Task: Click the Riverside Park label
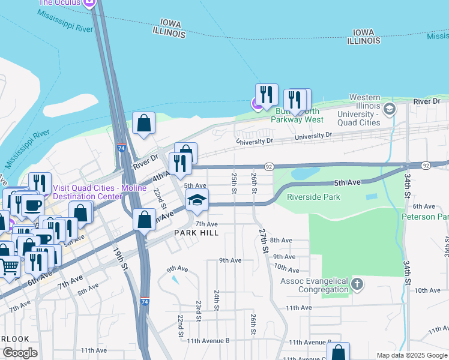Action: pos(313,197)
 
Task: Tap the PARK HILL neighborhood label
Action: pos(196,232)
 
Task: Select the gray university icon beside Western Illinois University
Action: pos(390,109)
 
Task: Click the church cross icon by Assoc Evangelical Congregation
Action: pos(357,284)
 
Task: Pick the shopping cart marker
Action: pos(9,266)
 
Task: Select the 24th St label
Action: pos(215,299)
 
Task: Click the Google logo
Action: pos(20,353)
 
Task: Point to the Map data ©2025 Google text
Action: pos(412,355)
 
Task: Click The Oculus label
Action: pos(60,3)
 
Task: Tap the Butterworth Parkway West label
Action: pos(297,115)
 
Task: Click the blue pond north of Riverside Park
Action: pos(307,173)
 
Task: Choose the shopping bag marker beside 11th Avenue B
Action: pos(339,353)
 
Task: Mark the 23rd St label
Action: pos(197,311)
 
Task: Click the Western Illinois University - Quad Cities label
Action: pos(358,110)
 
